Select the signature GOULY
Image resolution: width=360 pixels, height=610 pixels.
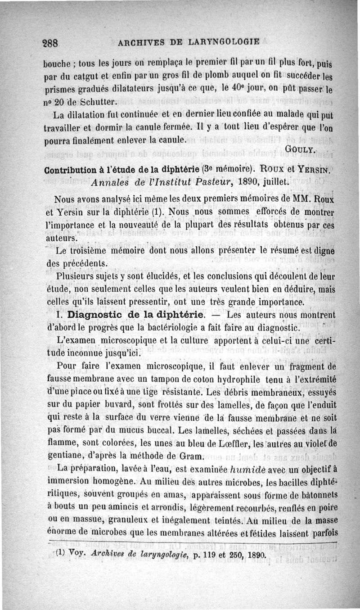click(301, 149)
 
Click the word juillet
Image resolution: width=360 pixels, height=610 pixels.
click(260, 182)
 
